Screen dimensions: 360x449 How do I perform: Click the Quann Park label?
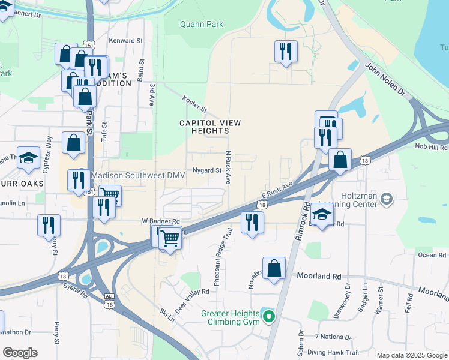202,24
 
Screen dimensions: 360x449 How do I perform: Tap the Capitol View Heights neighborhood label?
210,127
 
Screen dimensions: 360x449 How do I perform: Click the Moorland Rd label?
319,277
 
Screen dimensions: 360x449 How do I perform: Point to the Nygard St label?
207,170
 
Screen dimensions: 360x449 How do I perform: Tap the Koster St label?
195,106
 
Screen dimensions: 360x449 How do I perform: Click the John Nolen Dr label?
385,81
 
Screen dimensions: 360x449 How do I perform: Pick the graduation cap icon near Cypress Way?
28,158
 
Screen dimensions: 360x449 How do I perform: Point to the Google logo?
20,353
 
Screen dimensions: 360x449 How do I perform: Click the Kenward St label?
126,41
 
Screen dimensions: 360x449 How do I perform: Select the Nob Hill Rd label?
431,147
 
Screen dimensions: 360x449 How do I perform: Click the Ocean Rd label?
432,255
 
